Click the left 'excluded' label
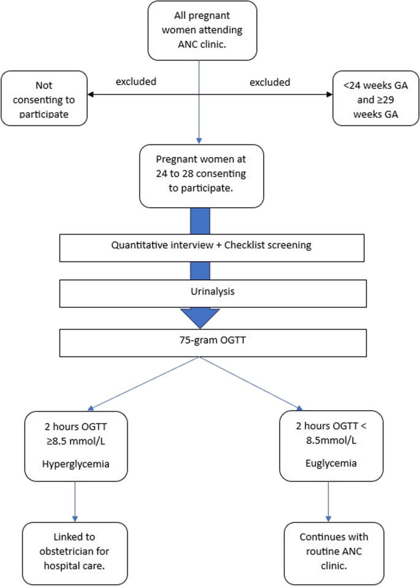(x=136, y=82)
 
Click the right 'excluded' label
(x=270, y=82)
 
